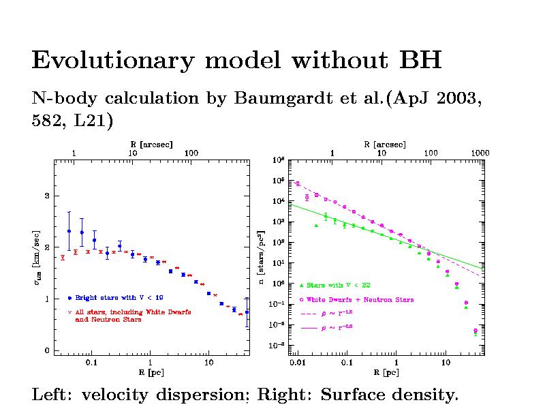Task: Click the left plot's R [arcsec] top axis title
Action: pyautogui.click(x=151, y=144)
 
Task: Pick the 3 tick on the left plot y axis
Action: pyautogui.click(x=47, y=196)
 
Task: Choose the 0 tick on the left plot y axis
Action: pyautogui.click(x=47, y=351)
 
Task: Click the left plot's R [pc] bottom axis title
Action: pyautogui.click(x=151, y=373)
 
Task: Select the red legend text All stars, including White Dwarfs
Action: pyautogui.click(x=133, y=312)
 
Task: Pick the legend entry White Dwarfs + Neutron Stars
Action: pyautogui.click(x=360, y=300)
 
